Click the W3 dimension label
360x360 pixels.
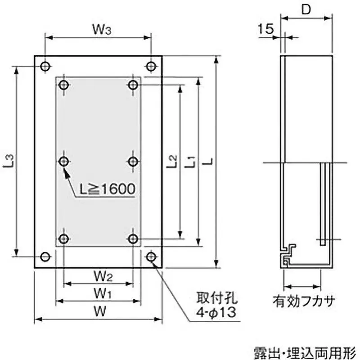(x=102, y=30)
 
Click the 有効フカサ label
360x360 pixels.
(x=304, y=300)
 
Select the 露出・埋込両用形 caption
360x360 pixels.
(x=304, y=351)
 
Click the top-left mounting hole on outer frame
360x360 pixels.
(x=45, y=66)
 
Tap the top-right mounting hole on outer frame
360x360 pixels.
(x=152, y=66)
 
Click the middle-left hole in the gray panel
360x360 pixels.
(x=64, y=161)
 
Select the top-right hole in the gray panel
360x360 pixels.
(x=133, y=85)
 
